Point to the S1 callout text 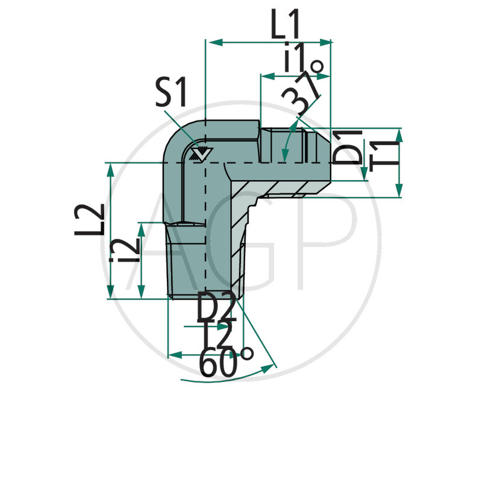pyautogui.click(x=171, y=94)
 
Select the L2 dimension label pyautogui.click(x=90, y=220)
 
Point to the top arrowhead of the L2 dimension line pyautogui.click(x=110, y=169)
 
